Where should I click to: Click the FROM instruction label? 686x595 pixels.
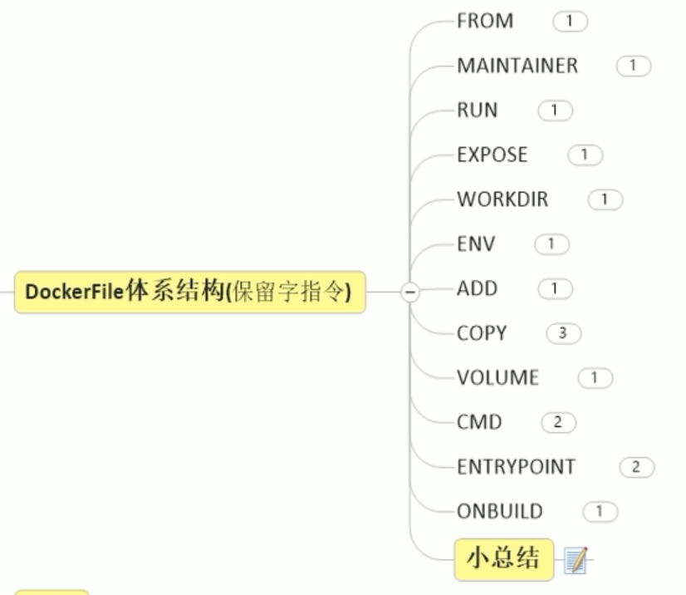[x=485, y=21]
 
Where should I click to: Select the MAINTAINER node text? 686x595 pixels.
[x=517, y=66]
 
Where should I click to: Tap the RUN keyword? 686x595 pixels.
[x=478, y=110]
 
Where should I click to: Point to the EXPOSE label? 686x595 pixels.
[x=492, y=155]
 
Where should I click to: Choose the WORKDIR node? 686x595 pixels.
[x=502, y=199]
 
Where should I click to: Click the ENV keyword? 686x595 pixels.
[x=476, y=244]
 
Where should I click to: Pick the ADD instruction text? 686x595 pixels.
[x=478, y=289]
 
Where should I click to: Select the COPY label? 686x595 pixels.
[x=482, y=333]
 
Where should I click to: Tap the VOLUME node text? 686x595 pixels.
[x=497, y=378]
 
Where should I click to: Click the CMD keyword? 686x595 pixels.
[x=480, y=422]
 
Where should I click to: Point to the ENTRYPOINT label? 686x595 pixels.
[x=516, y=467]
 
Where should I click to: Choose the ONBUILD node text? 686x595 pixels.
[x=500, y=511]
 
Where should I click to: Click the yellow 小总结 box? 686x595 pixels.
[x=503, y=558]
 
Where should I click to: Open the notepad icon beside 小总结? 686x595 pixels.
[x=575, y=559]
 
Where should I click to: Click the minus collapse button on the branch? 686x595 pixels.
[x=409, y=292]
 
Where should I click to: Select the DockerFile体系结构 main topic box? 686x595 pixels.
[x=189, y=292]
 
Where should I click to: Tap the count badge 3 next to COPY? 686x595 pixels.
[x=563, y=334]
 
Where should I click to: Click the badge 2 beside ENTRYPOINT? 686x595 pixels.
[x=636, y=467]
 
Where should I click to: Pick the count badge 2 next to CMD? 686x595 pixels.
[x=558, y=423]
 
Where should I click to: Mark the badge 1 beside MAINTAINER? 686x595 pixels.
[x=634, y=66]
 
